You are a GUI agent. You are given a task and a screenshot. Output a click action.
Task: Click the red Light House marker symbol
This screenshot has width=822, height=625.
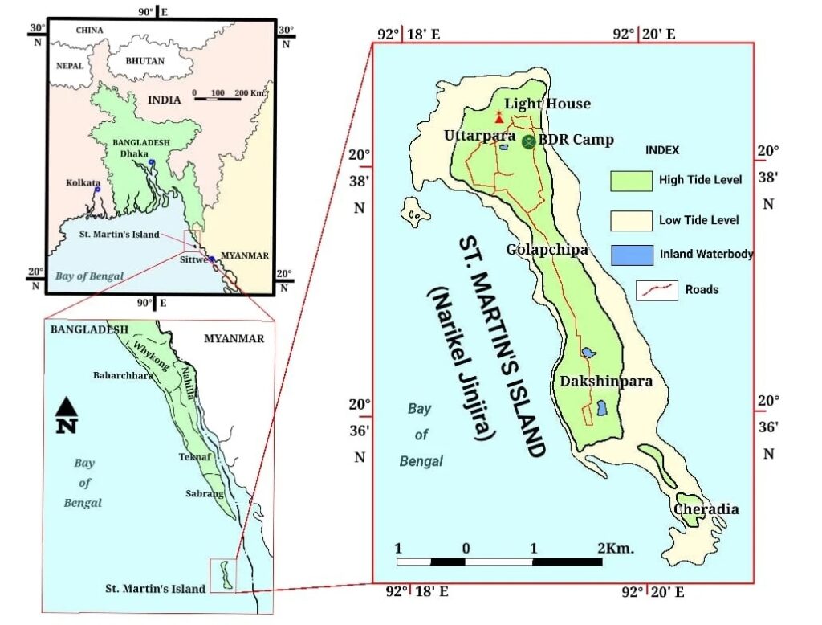point(499,116)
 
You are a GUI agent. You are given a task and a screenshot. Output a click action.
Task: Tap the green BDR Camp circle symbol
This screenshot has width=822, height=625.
point(528,141)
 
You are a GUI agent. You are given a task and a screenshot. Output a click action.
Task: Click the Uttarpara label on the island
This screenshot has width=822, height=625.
point(479,137)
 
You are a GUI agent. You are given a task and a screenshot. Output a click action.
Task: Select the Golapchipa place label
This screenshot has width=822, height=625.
point(547,250)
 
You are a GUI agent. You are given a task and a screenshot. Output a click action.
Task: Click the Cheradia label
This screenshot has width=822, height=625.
point(706,509)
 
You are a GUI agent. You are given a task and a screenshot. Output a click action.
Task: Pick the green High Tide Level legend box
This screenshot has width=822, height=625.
point(630,180)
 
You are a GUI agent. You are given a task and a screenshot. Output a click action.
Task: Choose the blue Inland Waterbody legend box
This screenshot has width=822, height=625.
point(630,255)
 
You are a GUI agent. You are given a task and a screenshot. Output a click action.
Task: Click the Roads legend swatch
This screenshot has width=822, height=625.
point(656,289)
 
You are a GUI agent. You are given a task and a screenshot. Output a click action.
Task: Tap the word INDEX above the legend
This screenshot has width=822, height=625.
point(662,150)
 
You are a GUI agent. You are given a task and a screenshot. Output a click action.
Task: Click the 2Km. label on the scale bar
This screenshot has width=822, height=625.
point(616,549)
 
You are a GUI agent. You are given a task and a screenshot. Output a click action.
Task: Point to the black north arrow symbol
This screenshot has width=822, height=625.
point(66,415)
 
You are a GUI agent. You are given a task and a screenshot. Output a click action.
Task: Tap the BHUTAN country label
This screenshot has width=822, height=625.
point(145,61)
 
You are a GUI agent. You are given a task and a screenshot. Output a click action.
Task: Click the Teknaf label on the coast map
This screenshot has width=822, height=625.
point(194,456)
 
